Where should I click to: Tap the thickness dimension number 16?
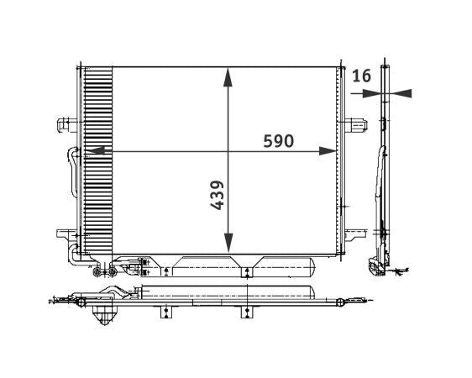[x=361, y=76]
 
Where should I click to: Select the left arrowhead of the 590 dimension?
[x=92, y=151]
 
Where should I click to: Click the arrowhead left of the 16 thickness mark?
[x=374, y=94]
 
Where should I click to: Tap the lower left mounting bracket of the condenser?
[x=66, y=234]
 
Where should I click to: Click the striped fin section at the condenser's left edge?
[x=98, y=160]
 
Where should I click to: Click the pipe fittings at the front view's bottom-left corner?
[x=105, y=270]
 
